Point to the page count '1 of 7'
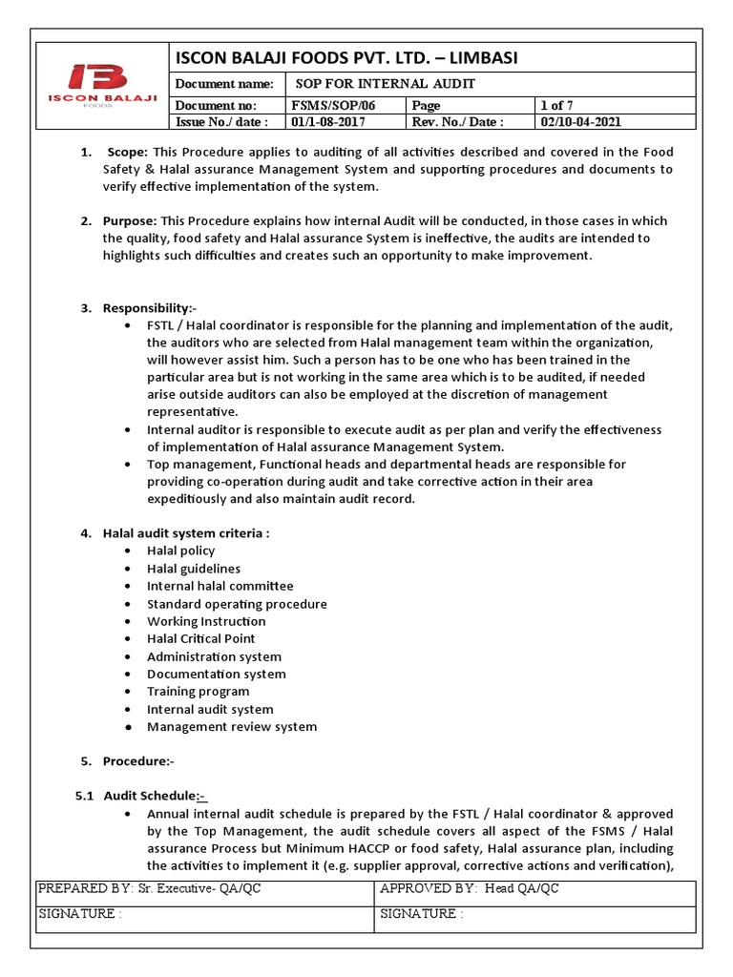coord(557,105)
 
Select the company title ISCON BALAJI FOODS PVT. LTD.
coord(345,58)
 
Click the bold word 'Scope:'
coord(128,152)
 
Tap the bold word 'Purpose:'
coord(130,221)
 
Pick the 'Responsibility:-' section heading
coord(149,307)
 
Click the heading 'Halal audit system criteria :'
coord(186,533)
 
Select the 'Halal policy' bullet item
coord(180,551)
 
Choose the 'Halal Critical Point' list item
coord(200,638)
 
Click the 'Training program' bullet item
coord(198,691)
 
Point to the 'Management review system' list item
coord(232,726)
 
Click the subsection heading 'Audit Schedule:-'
coord(155,796)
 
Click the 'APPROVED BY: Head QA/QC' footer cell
coord(469,889)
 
